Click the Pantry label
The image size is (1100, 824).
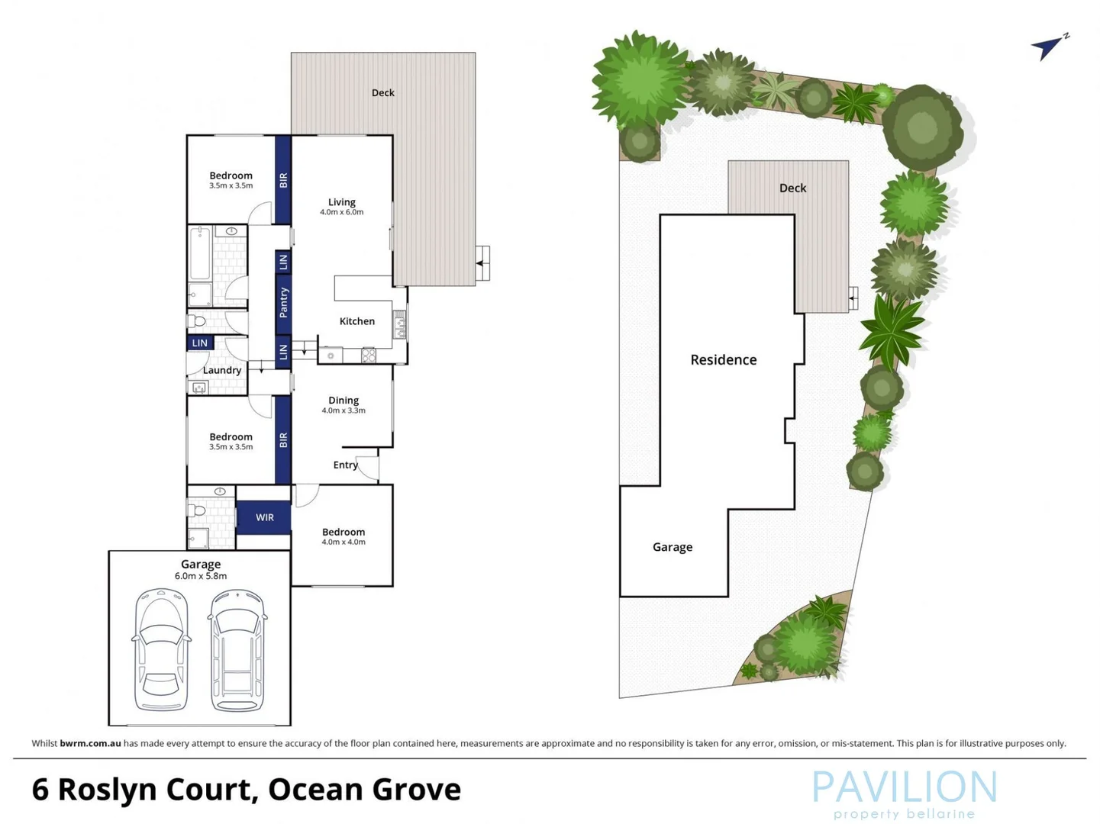(283, 303)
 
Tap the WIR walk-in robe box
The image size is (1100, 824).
(264, 517)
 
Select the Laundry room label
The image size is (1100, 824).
(221, 370)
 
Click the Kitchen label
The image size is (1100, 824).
(356, 321)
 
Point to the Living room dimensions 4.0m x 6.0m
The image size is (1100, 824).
(341, 212)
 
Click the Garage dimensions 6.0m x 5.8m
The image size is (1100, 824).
(200, 576)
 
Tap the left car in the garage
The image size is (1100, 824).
(161, 649)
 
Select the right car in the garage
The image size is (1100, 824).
(238, 649)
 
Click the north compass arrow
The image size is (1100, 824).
(1048, 47)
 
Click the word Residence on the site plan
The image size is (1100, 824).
(723, 359)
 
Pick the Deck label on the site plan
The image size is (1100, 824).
(792, 188)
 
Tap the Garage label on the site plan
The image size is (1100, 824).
(672, 547)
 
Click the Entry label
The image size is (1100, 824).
(345, 465)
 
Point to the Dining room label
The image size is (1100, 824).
(343, 400)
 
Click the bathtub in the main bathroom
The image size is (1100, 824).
(200, 253)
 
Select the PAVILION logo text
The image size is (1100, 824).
(904, 787)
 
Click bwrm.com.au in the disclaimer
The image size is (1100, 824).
(90, 743)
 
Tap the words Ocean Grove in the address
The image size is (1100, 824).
(364, 790)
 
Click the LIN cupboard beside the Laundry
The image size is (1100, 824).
(199, 343)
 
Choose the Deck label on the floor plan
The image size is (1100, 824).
(382, 92)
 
